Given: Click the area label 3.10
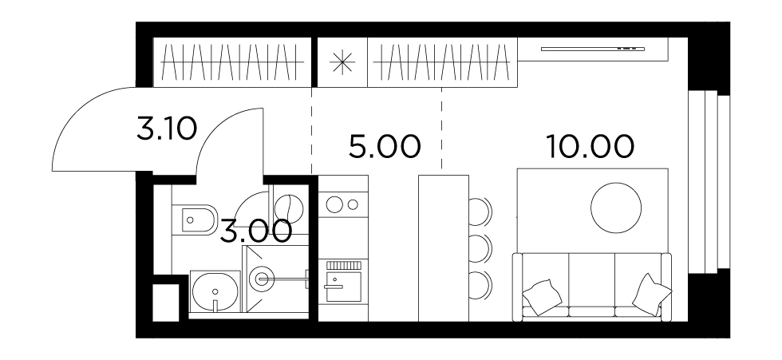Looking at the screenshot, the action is click(167, 129).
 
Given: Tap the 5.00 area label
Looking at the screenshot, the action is click(385, 147).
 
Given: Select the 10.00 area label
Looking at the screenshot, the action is click(590, 147).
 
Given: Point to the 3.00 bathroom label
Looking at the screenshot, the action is click(256, 231).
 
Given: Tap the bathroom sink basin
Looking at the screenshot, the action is click(215, 292).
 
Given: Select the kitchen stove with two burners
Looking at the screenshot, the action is click(343, 204).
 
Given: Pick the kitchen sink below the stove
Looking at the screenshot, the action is click(343, 282).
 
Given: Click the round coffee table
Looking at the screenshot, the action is click(616, 208).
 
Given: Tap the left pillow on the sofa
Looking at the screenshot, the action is click(542, 297).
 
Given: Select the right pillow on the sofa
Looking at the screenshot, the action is click(652, 295).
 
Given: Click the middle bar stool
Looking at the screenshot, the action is click(480, 247).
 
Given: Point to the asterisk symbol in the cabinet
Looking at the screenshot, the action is click(342, 64).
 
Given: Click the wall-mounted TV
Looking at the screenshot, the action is click(592, 49).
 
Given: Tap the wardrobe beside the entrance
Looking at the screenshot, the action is click(232, 62).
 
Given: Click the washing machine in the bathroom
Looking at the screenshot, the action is click(288, 205).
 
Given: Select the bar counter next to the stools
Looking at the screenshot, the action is click(444, 248).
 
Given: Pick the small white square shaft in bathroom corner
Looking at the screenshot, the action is click(166, 303).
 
